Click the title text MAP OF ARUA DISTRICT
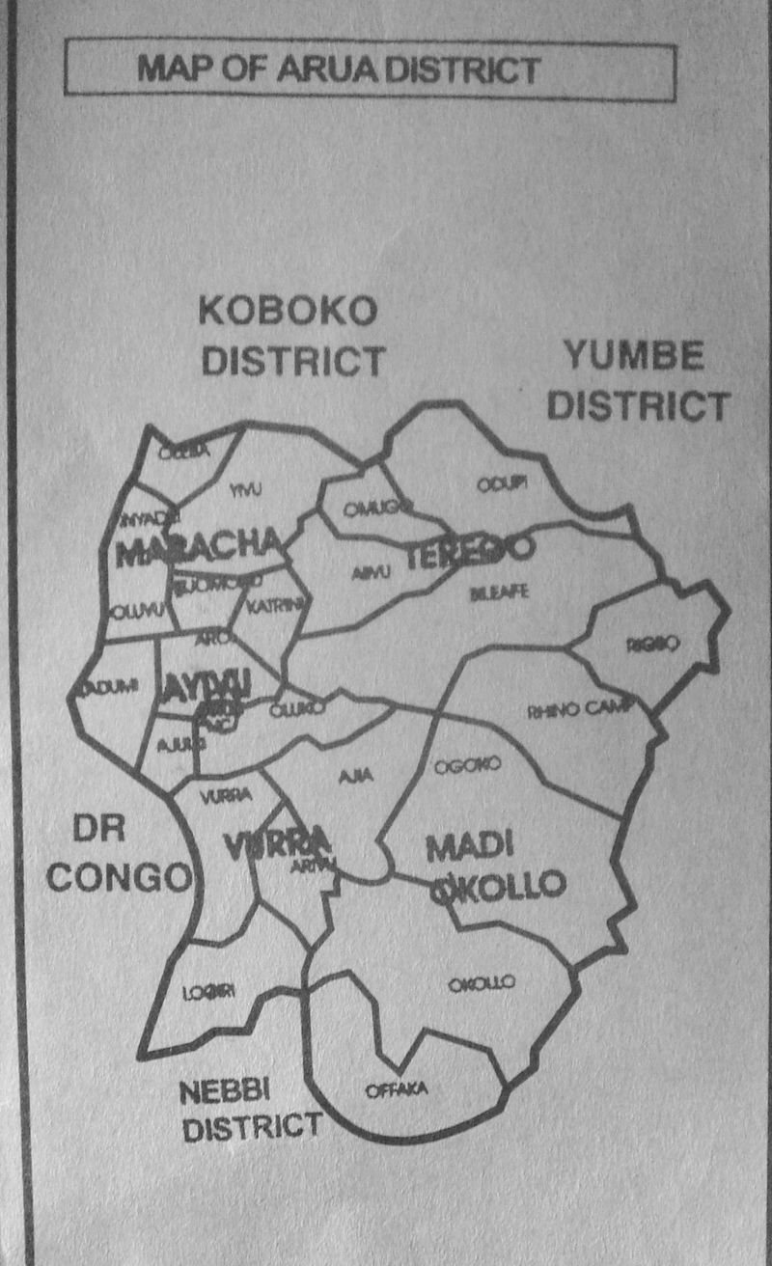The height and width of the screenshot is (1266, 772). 338,69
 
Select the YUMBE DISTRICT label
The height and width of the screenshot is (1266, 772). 636,380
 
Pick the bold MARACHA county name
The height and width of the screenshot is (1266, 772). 199,548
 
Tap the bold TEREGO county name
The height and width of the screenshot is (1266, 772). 470,551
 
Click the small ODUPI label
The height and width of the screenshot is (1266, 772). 502,484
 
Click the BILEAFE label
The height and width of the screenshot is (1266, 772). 499,592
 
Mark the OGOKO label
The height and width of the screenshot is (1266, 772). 467,765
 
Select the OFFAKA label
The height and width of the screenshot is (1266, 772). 397,1090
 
